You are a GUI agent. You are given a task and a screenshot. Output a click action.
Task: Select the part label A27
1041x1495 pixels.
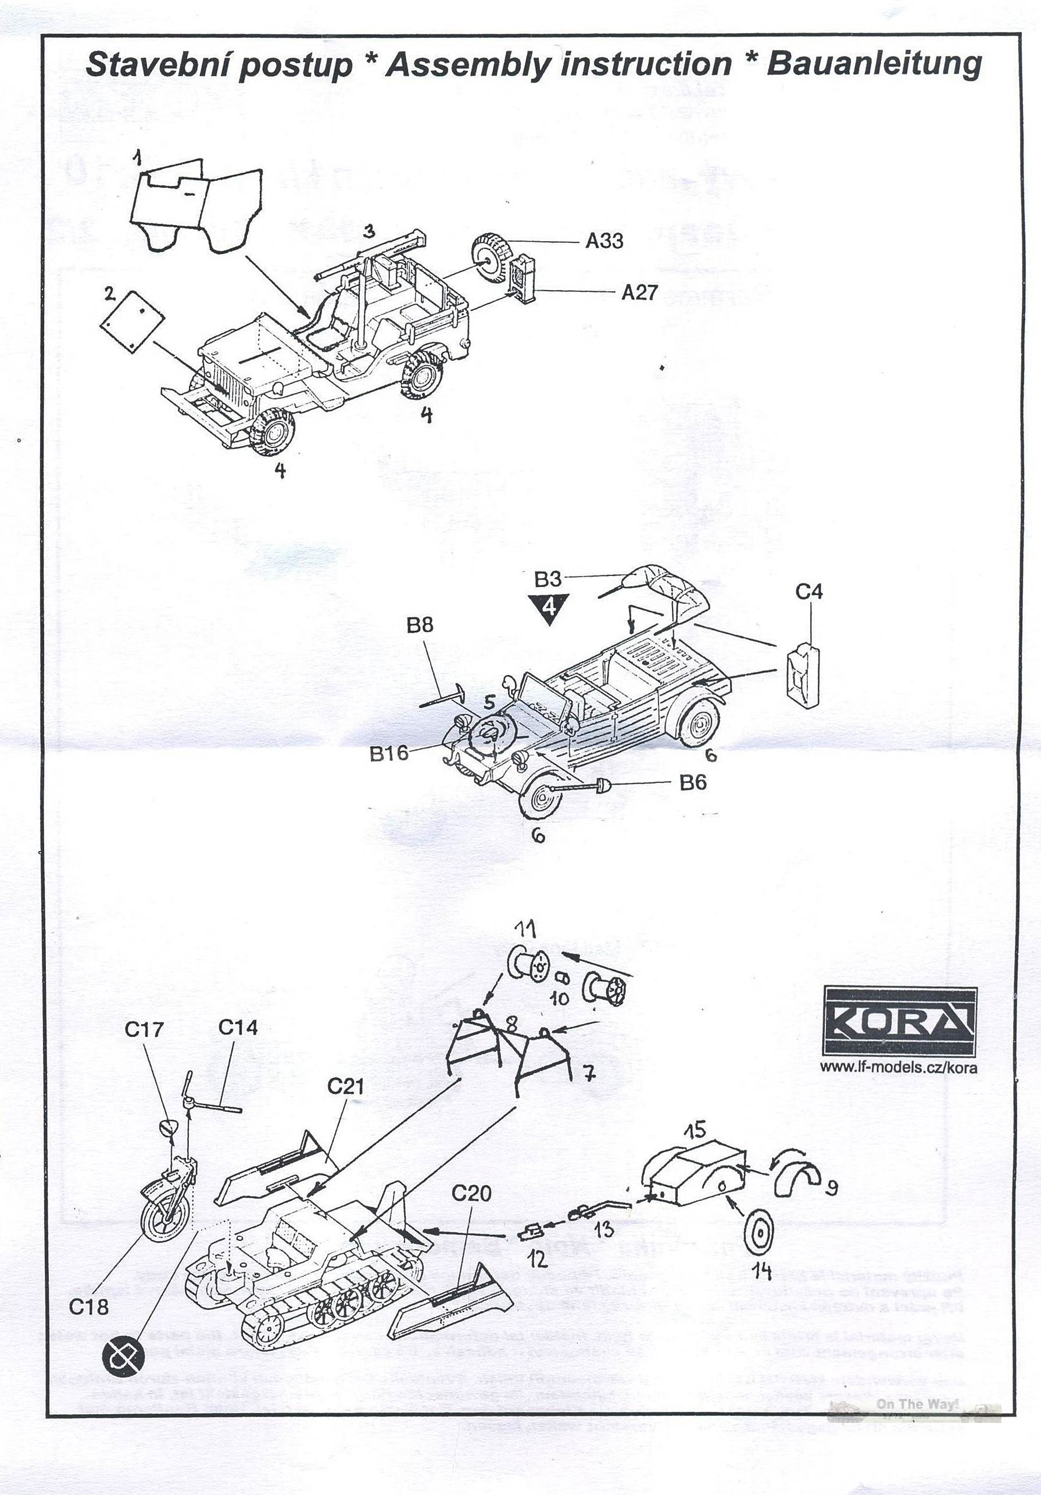pyautogui.click(x=639, y=292)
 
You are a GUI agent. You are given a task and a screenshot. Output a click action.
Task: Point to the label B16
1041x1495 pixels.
pyautogui.click(x=389, y=753)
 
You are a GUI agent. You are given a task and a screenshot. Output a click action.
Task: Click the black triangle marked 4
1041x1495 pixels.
pyautogui.click(x=549, y=607)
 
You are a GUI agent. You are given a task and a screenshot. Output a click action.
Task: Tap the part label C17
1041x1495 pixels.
pyautogui.click(x=144, y=1029)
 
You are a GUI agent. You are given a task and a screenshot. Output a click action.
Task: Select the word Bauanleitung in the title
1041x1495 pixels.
pyautogui.click(x=874, y=65)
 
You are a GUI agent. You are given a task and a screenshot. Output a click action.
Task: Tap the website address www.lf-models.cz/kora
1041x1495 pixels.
pyautogui.click(x=898, y=1067)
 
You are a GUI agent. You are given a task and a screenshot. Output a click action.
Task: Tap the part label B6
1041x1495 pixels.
pyautogui.click(x=692, y=782)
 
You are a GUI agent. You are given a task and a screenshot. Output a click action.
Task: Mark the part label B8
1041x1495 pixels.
pyautogui.click(x=419, y=625)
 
